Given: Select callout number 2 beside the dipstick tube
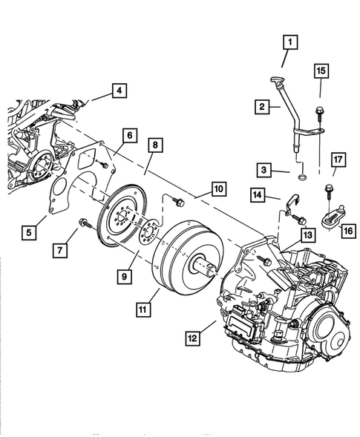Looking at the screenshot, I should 263,108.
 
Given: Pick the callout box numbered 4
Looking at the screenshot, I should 118,91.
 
